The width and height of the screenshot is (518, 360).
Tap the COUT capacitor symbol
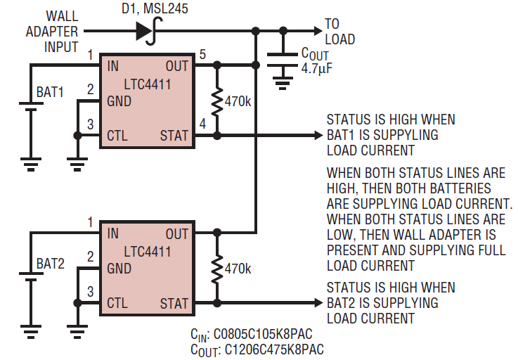click(283, 60)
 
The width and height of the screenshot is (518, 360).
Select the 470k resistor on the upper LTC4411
click(216, 101)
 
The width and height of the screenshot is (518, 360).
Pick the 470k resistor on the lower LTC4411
click(216, 268)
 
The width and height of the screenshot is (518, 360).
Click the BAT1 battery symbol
click(31, 106)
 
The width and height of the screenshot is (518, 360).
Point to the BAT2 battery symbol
click(31, 277)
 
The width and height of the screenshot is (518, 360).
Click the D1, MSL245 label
click(155, 8)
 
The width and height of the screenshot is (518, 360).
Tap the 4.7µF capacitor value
click(316, 68)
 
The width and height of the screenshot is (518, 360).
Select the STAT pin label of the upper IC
click(174, 136)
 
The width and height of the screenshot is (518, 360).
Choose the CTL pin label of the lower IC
click(117, 303)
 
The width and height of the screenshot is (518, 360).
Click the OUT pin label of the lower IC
click(177, 233)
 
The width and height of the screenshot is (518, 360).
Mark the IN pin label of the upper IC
click(113, 66)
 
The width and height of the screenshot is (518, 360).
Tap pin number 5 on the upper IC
click(202, 54)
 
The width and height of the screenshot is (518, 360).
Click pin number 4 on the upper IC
click(202, 124)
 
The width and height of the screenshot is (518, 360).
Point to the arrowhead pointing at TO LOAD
click(318, 31)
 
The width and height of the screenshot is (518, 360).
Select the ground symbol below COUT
click(283, 83)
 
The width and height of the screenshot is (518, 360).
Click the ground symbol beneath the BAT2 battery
click(31, 332)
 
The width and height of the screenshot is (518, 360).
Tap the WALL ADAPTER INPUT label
click(52, 32)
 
